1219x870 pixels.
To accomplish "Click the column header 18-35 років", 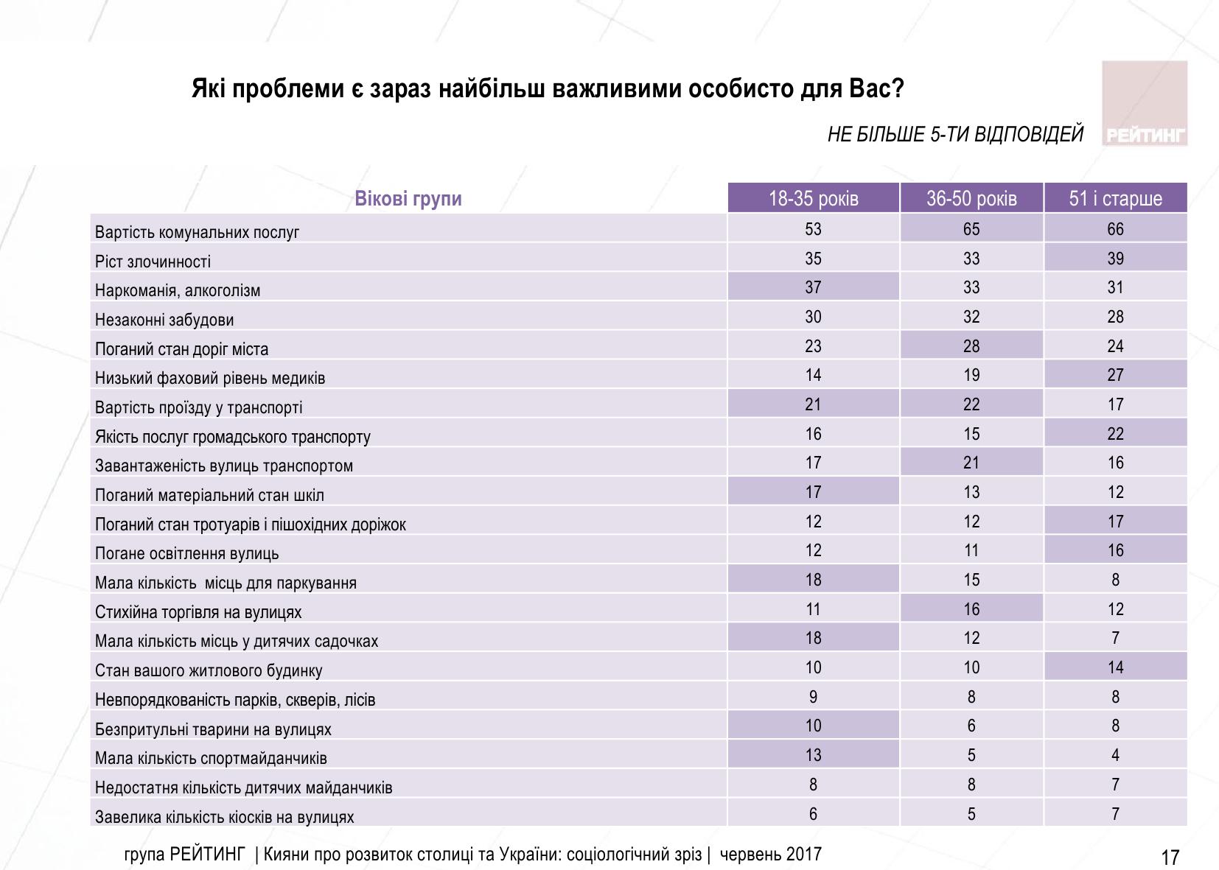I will [813, 199].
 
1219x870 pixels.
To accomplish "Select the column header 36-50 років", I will [971, 199].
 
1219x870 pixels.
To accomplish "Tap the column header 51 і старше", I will [1115, 199].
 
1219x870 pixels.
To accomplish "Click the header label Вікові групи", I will [408, 199].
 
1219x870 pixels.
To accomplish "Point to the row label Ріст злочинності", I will [153, 262].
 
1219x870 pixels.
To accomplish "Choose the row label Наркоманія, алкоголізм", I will [178, 290].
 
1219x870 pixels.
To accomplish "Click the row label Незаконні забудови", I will [164, 320].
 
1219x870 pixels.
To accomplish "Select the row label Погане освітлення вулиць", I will [186, 553].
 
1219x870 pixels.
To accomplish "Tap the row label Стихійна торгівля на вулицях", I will [198, 612].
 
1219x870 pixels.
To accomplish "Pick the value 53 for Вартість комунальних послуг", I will [813, 229].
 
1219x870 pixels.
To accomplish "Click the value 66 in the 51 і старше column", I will [1115, 229].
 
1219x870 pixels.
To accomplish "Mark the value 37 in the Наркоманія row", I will [813, 287].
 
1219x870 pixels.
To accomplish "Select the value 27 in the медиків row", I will [1115, 375].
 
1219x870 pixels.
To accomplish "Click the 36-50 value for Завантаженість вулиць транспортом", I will [971, 463].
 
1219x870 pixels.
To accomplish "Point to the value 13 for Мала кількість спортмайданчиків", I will [813, 755].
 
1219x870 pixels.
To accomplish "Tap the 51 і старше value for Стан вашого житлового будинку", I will [1115, 667].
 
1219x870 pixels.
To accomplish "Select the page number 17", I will [1170, 857].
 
